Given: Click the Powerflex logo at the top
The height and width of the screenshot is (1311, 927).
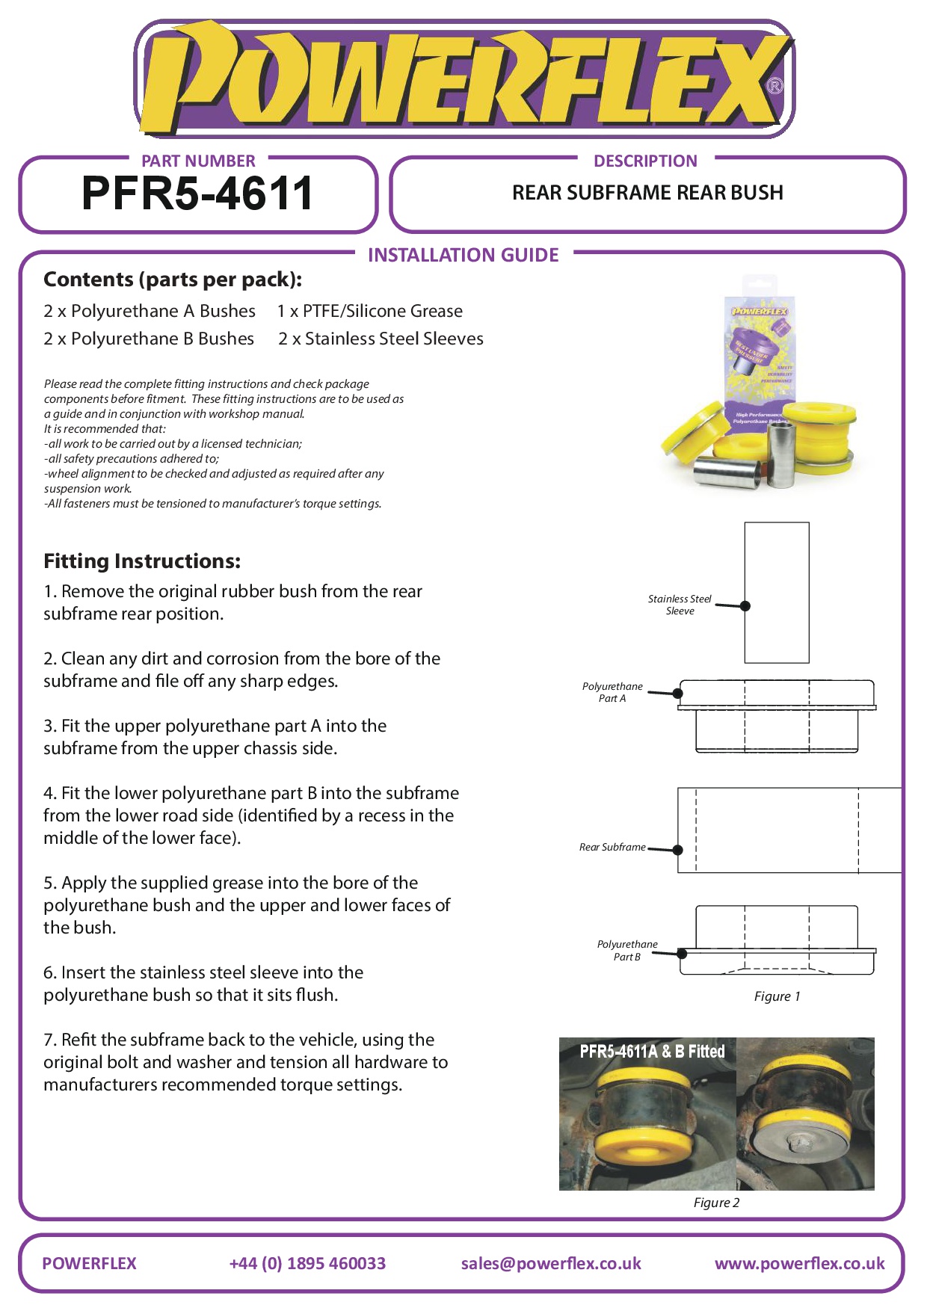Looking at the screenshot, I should [463, 78].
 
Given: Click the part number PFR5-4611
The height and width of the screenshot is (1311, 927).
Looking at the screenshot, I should [197, 194].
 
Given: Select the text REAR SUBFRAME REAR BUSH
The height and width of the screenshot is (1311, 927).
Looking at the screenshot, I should [647, 193].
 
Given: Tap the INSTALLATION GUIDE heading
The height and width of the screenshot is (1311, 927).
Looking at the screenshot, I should [463, 256].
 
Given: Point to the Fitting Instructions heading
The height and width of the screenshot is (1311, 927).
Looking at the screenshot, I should [142, 561].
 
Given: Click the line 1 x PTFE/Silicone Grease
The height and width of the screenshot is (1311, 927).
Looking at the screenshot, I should [370, 311].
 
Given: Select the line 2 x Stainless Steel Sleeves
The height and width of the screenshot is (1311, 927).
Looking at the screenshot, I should [381, 339].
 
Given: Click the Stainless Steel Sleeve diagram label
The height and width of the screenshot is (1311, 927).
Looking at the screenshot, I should [680, 605].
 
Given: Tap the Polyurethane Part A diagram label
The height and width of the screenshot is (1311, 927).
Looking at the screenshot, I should [612, 692].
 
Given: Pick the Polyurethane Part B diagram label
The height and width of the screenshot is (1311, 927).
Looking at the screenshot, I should [627, 950].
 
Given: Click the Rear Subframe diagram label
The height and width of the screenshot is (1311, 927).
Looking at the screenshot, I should [612, 847].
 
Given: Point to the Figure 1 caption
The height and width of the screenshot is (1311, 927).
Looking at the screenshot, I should [777, 996].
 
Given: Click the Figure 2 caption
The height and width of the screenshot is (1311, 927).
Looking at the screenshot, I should [716, 1203].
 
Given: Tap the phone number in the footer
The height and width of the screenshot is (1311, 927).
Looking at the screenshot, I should [307, 1263].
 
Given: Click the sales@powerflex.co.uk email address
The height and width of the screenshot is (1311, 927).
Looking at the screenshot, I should [551, 1263].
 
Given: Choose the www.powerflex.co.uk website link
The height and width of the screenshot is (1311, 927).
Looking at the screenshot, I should [799, 1263].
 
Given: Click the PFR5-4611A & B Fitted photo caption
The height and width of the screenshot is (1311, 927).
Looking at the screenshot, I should [652, 1052].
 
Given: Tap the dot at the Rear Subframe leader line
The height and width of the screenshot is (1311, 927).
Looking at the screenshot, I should [677, 850].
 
